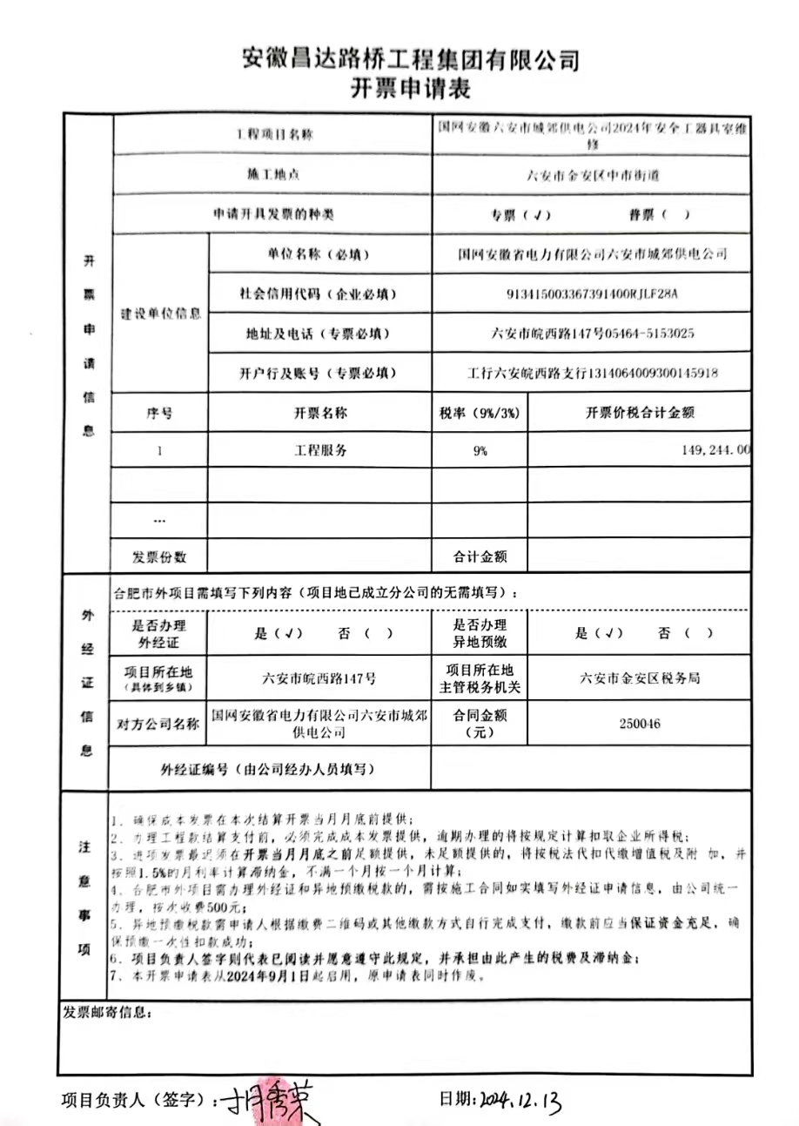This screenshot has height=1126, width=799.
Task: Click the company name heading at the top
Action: point(410,59)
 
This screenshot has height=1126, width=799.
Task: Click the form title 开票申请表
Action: point(410,89)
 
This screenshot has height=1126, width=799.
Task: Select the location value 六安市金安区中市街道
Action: point(593,174)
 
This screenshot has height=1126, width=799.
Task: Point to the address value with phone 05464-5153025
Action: point(593,334)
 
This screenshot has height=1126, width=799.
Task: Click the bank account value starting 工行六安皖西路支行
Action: point(593,374)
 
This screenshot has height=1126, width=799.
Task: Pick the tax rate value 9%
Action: point(480,451)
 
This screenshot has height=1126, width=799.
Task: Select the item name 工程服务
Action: point(319,451)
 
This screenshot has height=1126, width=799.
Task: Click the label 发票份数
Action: point(159,556)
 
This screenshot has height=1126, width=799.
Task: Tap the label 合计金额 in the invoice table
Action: point(480,556)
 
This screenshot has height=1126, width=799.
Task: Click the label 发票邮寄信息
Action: point(107,1014)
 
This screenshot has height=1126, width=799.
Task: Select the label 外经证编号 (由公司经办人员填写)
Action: point(268,769)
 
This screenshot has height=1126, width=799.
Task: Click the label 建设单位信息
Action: point(160,314)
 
